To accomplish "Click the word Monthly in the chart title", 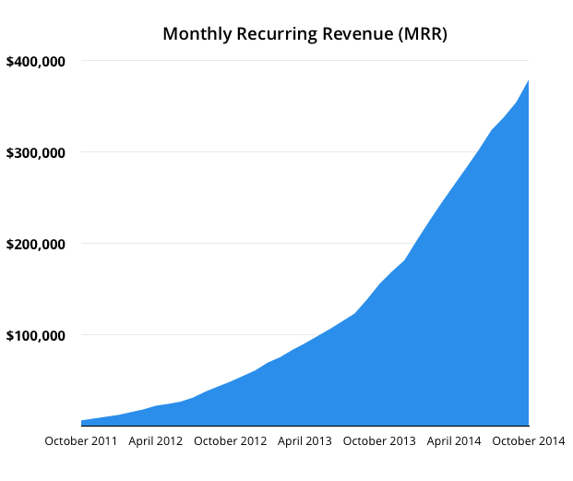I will [195, 34].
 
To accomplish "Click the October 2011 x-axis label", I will [81, 441].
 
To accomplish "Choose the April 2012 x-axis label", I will [155, 441].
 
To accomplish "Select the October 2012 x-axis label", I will [229, 441].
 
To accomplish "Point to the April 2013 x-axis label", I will [304, 441].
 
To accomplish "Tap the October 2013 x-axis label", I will [378, 441].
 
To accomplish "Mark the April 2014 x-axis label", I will [454, 441].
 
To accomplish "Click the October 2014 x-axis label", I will [529, 441].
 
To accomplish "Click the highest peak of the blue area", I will [529, 81].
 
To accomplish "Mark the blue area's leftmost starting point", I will [82, 421].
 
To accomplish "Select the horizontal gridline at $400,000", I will [277, 61].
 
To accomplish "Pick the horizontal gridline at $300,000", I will [277, 152].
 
